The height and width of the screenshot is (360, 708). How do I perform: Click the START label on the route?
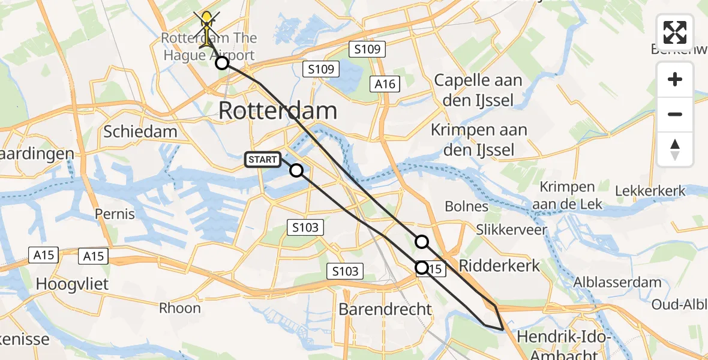pos(263,160)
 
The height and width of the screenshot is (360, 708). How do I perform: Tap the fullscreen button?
pos(675,32)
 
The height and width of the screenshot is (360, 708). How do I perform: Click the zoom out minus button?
pos(675,114)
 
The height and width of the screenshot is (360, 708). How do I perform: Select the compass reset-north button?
pos(675,149)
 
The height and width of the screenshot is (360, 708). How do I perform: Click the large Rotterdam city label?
pos(277,111)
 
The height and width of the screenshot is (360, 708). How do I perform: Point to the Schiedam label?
pos(140,132)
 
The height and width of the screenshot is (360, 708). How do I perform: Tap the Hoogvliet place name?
pos(73,283)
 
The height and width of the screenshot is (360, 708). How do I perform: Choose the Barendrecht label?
pos(385,309)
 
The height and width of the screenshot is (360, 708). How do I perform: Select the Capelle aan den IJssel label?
pos(478,90)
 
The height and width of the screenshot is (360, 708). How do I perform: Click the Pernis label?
pos(115,214)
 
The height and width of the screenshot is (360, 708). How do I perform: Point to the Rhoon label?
pos(179,308)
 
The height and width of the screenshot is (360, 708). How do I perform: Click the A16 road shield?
pos(385,84)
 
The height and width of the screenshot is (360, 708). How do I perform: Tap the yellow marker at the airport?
pos(207,24)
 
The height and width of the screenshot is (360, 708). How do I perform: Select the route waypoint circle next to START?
pos(296,170)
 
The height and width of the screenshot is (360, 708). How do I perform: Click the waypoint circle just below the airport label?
pos(222,63)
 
